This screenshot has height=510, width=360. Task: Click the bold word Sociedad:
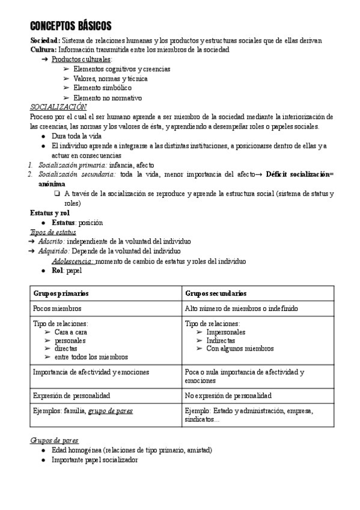pos(45,40)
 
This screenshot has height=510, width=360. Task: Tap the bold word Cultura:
pos(43,49)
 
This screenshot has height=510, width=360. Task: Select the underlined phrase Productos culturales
pos(81,60)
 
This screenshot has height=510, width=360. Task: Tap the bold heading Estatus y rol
pos(50,213)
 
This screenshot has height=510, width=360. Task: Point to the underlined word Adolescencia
pos(73,261)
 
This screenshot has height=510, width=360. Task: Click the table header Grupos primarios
pos(61,293)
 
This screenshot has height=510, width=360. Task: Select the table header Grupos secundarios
pos(216,293)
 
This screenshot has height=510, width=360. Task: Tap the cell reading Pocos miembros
pos(57,309)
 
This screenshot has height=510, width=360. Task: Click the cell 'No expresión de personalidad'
pos(228,396)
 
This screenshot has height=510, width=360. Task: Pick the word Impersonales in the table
pos(226,331)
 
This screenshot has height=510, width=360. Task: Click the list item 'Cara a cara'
pos(71,331)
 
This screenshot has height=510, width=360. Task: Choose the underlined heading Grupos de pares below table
pos(54,440)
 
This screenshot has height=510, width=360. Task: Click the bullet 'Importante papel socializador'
pos(95,459)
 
